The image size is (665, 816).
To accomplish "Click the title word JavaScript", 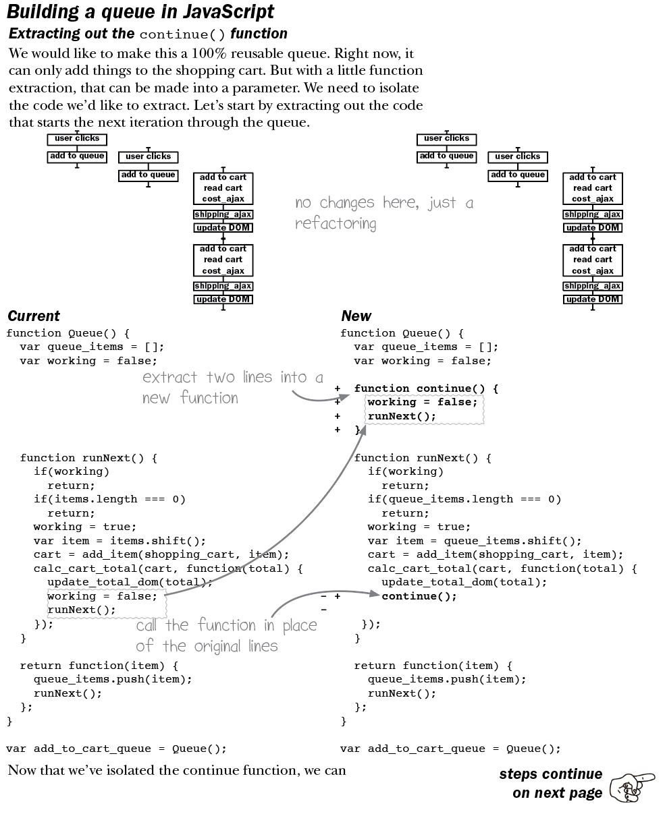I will coord(229,11).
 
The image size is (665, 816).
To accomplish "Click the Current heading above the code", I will coord(33,316).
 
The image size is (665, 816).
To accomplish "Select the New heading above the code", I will coord(356,316).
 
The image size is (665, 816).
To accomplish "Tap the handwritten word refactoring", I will coord(336,223).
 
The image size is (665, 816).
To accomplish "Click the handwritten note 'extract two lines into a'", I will coord(233,377).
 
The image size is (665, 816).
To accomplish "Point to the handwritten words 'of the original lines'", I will coord(207,645).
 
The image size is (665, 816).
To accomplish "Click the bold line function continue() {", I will coord(426,388).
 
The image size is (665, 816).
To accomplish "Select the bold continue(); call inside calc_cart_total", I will coord(419,596).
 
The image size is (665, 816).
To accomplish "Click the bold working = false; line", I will coord(422,402).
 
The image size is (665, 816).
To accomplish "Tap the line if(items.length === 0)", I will coord(109,499).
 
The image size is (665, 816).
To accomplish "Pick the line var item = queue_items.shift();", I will coord(475,541).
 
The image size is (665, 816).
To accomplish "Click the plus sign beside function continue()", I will coord(338,388).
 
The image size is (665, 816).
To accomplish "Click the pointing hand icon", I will coord(632,786).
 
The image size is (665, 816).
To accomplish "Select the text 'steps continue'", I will coord(550,774).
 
